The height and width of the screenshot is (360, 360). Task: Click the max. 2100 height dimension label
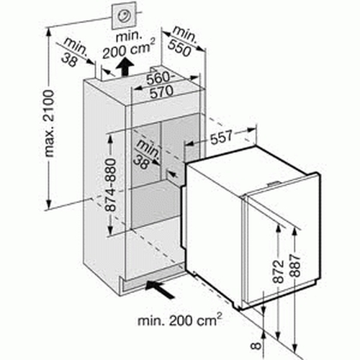pyautogui.click(x=49, y=124)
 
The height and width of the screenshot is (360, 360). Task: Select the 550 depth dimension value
pyautogui.click(x=179, y=48)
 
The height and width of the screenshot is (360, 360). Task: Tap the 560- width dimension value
pyautogui.click(x=158, y=78)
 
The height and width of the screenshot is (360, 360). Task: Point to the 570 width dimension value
pyautogui.click(x=161, y=92)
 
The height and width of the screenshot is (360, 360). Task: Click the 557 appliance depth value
pyautogui.click(x=221, y=138)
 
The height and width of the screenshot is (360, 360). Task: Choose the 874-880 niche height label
pyautogui.click(x=111, y=184)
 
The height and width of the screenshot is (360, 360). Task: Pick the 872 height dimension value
pyautogui.click(x=279, y=271)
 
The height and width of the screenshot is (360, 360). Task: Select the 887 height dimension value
pyautogui.click(x=295, y=266)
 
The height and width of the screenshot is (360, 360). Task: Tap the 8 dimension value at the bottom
pyautogui.click(x=256, y=346)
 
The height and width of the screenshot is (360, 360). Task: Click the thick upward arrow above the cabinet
pyautogui.click(x=125, y=67)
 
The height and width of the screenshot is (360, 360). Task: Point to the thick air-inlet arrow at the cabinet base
pyautogui.click(x=160, y=289)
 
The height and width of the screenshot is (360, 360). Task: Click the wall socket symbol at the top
pyautogui.click(x=124, y=16)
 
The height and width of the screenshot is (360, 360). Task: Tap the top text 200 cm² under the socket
pyautogui.click(x=129, y=50)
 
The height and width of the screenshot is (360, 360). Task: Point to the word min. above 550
pyautogui.click(x=185, y=35)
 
